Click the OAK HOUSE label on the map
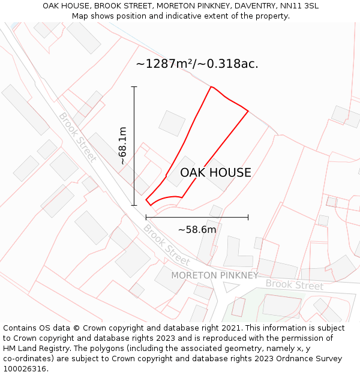click(x=215, y=173)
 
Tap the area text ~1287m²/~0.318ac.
click(x=197, y=64)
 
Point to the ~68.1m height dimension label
click(x=123, y=146)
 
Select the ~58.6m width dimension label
click(x=197, y=229)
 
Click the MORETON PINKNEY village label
click(x=215, y=275)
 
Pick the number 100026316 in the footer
click(x=26, y=368)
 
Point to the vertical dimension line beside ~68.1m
click(x=134, y=146)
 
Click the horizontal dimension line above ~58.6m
click(x=197, y=217)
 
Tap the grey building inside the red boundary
click(x=180, y=172)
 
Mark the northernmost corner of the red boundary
click(x=211, y=87)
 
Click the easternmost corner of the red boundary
click(x=248, y=110)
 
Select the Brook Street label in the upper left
click(x=77, y=137)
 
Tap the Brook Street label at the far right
click(x=295, y=284)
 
